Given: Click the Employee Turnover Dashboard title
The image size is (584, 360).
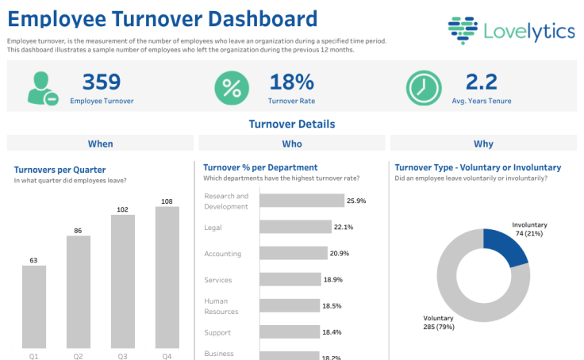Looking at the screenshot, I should [x=163, y=19].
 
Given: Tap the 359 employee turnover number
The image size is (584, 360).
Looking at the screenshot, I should [x=102, y=82].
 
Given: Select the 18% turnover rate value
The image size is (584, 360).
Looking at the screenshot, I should [x=291, y=82].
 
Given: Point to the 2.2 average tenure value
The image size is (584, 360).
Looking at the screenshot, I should [x=481, y=82].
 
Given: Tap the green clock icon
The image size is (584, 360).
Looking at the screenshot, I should [x=424, y=88].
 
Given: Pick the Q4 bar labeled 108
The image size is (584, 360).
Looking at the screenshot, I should [x=167, y=278].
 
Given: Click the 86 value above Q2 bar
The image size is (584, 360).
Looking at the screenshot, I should [x=78, y=231].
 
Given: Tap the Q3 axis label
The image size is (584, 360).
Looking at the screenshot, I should [x=122, y=356].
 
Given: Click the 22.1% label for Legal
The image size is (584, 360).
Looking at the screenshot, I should [x=343, y=228].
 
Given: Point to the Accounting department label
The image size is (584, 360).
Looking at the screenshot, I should [x=222, y=254].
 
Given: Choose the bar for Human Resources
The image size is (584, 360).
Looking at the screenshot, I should [x=290, y=306].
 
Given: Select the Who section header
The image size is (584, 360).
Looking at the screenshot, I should [x=291, y=144].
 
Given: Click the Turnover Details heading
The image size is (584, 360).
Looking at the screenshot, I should [x=291, y=124].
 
